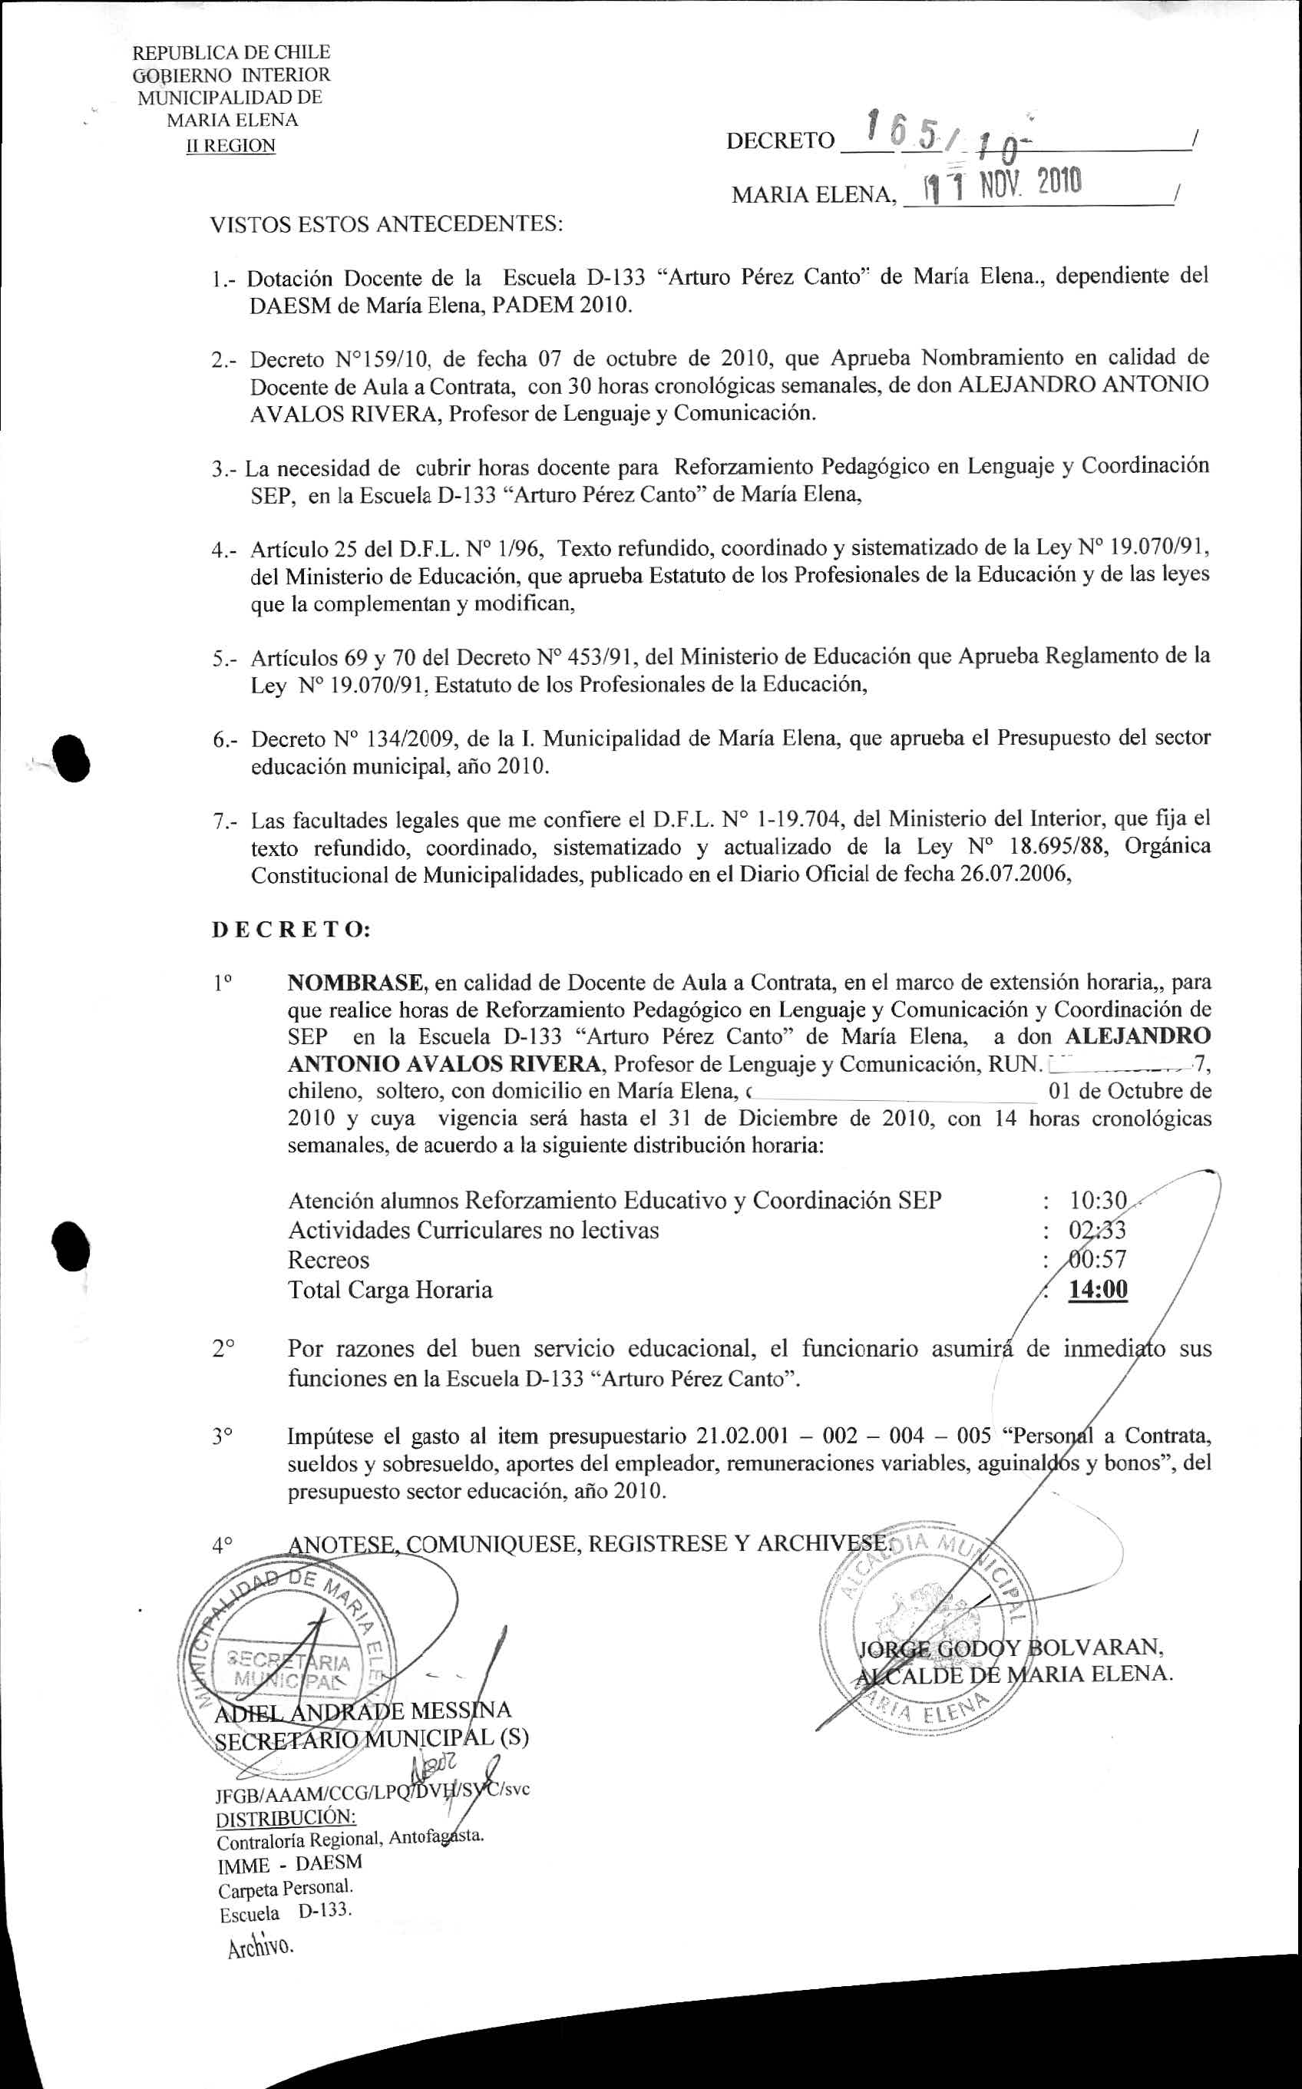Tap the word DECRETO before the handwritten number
(780, 141)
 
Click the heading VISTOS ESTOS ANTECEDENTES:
(387, 226)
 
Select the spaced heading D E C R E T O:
(291, 930)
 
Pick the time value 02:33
(1098, 1230)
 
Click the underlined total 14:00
(1098, 1290)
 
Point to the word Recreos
(328, 1260)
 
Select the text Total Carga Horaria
(390, 1290)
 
